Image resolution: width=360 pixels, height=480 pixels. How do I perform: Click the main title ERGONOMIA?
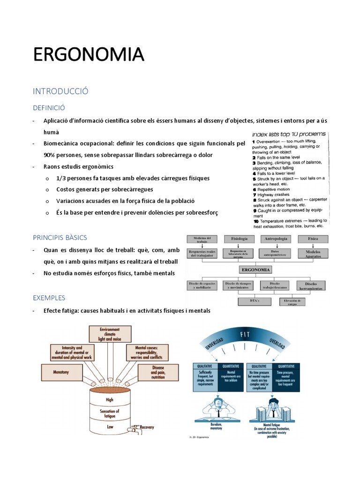[x=88, y=54]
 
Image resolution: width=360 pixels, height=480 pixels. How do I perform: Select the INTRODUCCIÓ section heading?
[x=60, y=91]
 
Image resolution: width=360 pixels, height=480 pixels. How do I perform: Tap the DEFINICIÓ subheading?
[x=49, y=108]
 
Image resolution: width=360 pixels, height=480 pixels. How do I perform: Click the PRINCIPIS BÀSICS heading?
[x=60, y=238]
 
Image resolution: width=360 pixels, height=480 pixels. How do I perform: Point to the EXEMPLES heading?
[x=49, y=298]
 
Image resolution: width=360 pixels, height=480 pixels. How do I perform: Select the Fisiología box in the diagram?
[x=240, y=239]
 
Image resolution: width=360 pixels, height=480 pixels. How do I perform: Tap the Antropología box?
[x=276, y=239]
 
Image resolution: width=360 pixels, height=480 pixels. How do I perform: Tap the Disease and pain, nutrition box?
[x=158, y=373]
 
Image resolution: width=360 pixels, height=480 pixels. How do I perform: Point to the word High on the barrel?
[x=110, y=400]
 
